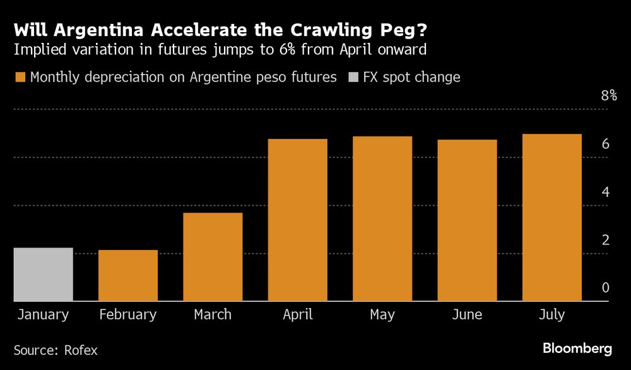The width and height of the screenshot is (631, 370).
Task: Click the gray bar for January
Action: [44, 274]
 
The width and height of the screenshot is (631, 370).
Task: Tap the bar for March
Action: [213, 257]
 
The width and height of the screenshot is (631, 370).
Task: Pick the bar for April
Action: [297, 220]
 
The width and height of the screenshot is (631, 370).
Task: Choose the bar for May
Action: [382, 218]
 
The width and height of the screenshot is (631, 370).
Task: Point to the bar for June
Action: [467, 220]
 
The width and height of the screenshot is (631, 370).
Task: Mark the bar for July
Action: [551, 217]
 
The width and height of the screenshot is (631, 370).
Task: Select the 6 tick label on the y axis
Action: [605, 144]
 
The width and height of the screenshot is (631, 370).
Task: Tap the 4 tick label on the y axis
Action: [605, 192]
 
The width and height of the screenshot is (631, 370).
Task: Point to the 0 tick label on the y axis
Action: [605, 288]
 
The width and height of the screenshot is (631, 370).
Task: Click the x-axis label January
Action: [44, 314]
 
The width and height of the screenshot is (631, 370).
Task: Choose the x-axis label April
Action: [297, 314]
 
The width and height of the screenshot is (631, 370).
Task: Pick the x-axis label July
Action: [551, 314]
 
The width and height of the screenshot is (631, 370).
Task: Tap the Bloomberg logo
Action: [577, 349]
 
